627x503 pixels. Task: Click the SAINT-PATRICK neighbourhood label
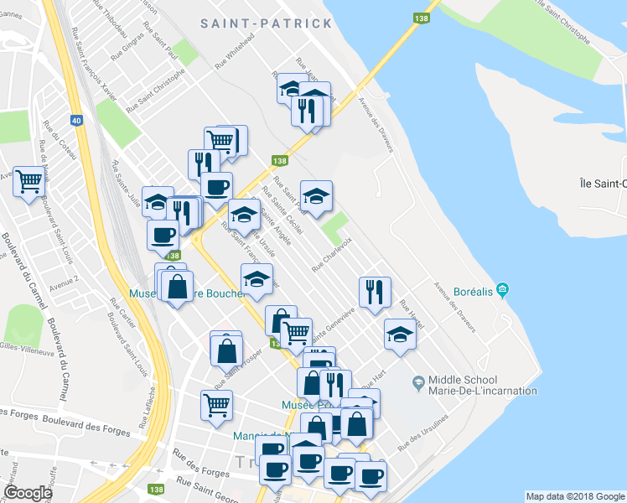[267, 23]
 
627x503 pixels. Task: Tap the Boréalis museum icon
[502, 291]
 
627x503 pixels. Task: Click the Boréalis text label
[463, 292]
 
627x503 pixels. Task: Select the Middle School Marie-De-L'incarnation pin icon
[417, 383]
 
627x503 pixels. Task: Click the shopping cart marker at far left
[28, 180]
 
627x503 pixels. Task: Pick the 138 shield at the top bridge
[418, 18]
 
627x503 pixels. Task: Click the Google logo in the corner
[28, 493]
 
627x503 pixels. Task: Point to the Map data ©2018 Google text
[574, 496]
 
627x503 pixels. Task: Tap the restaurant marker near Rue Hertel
[375, 291]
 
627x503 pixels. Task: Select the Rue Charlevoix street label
[331, 257]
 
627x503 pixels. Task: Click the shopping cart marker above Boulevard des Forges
[216, 407]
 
